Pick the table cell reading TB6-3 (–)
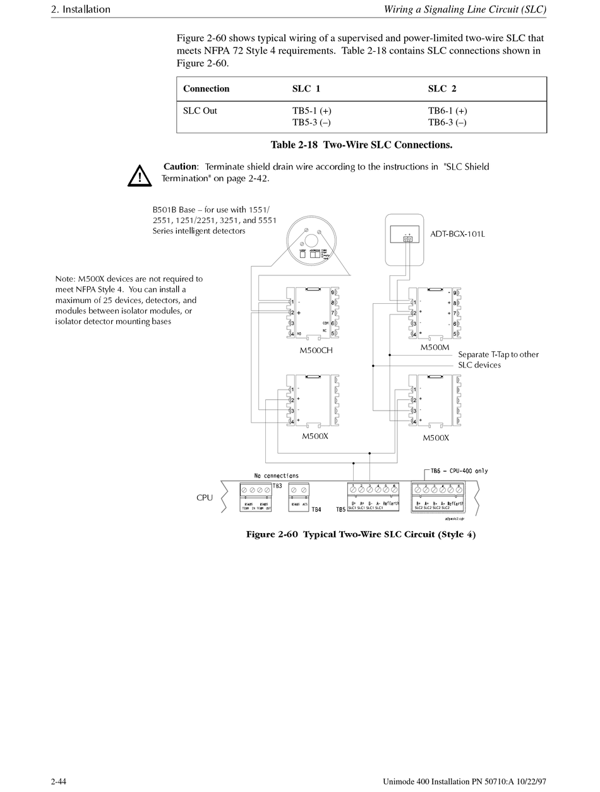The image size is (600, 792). [447, 123]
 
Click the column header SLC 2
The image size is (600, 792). [442, 89]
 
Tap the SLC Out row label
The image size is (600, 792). [200, 111]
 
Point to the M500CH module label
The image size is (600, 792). [316, 350]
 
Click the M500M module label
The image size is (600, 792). [435, 348]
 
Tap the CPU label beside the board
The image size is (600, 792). [205, 498]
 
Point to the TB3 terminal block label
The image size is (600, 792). [277, 485]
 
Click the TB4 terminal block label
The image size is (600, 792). [316, 509]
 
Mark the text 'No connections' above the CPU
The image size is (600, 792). [276, 476]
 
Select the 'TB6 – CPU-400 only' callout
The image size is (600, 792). [459, 471]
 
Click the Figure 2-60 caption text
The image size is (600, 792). [361, 535]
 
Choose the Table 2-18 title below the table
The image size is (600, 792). [361, 145]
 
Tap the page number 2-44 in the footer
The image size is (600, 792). [59, 782]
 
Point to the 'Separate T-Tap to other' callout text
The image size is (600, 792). [498, 354]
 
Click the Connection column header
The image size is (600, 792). [206, 89]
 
